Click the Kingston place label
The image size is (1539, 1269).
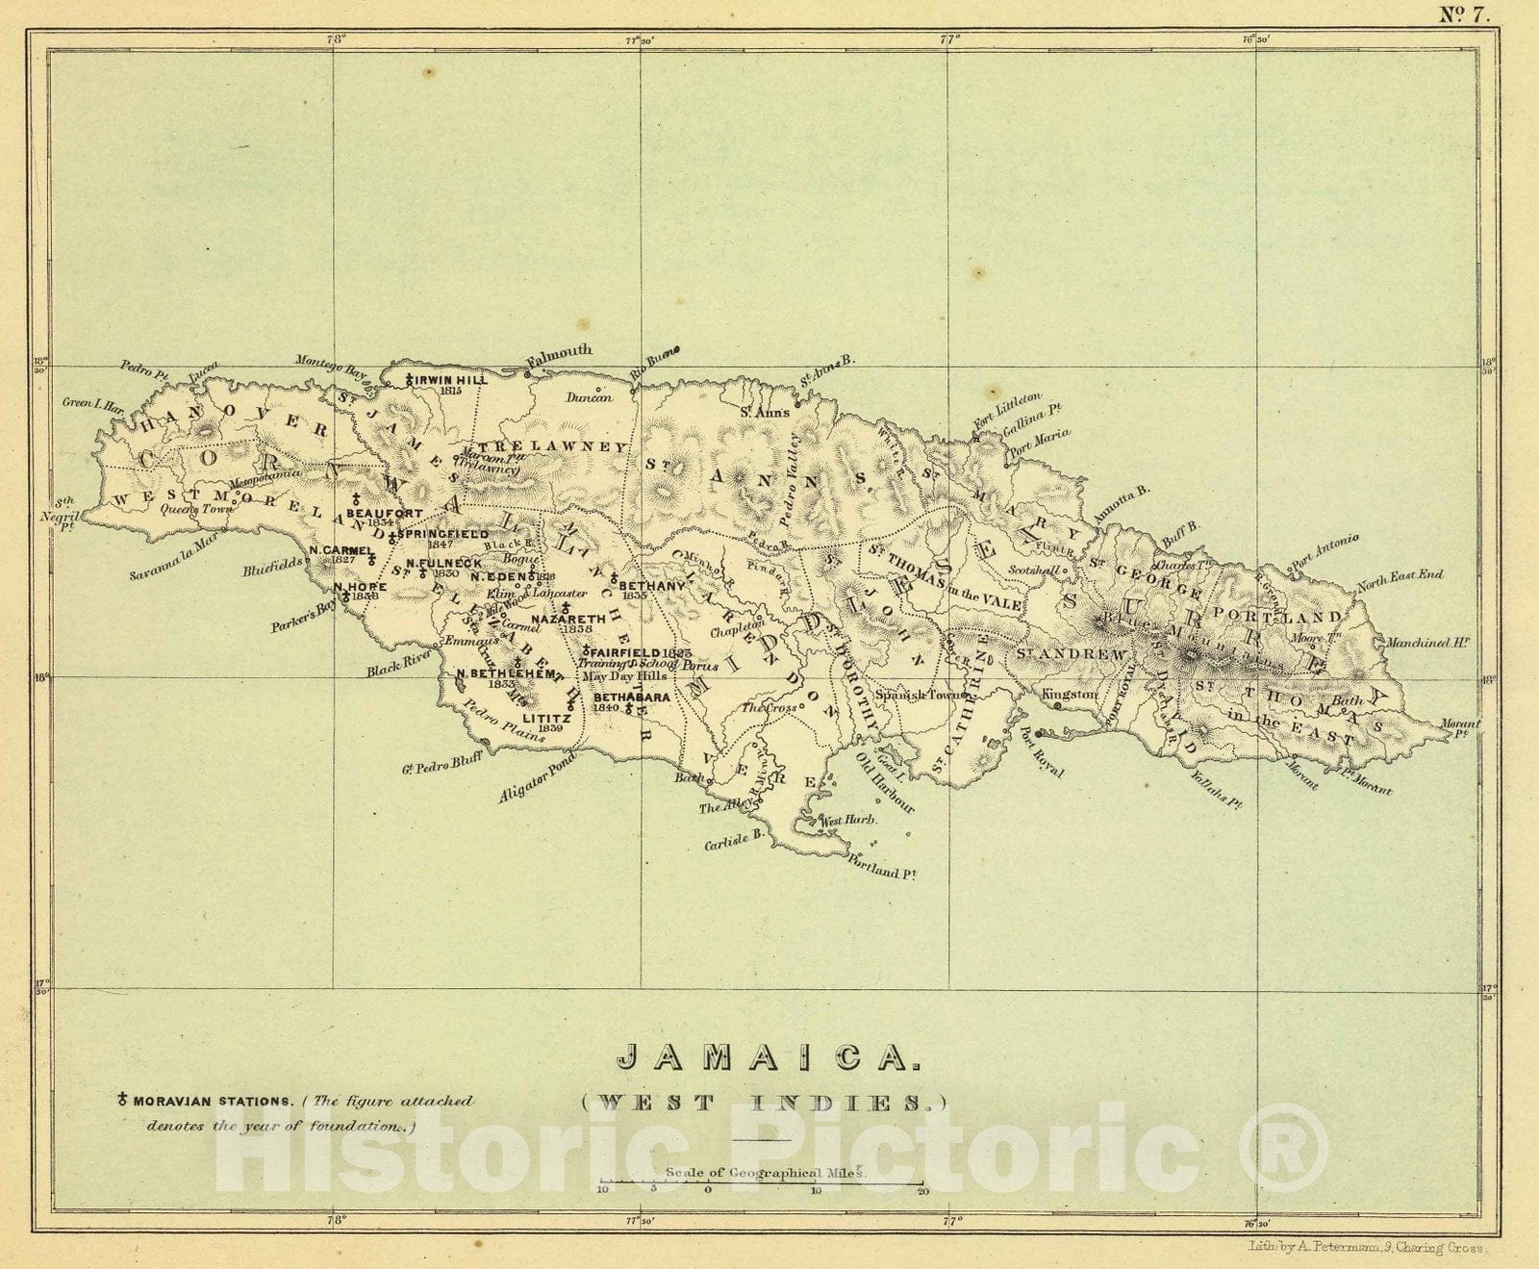1069,694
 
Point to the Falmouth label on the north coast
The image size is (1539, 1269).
559,354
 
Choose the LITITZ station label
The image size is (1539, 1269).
546,718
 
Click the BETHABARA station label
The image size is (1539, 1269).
631,697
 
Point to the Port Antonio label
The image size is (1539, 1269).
1325,551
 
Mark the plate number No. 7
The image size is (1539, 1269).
1463,13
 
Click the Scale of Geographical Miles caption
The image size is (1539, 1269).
766,1173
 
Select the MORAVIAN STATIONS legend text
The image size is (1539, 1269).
214,1101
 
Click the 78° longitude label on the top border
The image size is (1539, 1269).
335,39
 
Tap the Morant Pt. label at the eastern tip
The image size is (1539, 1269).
1461,729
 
